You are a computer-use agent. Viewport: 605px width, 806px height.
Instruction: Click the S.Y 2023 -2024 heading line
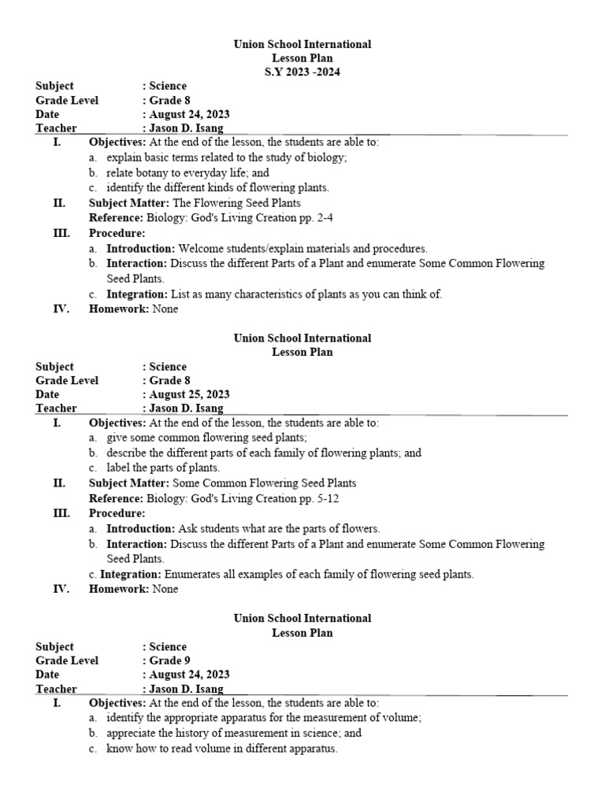302,72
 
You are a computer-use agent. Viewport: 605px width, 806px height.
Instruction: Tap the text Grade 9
169,660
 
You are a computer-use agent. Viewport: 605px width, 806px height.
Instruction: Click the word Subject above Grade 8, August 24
55,86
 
